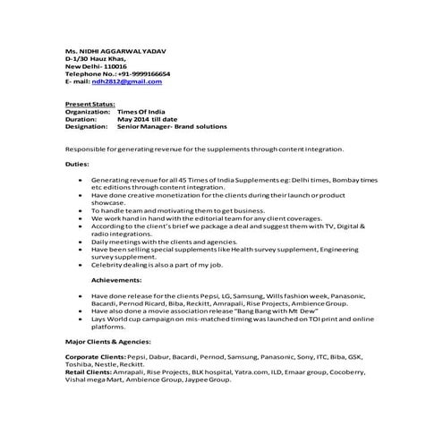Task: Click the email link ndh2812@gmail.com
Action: pyautogui.click(x=132, y=81)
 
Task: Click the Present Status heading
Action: pyautogui.click(x=89, y=105)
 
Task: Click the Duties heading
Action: pyautogui.click(x=77, y=165)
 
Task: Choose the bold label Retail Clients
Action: pyautogui.click(x=88, y=371)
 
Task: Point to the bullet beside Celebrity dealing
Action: pyautogui.click(x=83, y=264)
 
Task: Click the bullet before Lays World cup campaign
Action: pyautogui.click(x=83, y=319)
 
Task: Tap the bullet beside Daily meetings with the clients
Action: pyautogui.click(x=83, y=242)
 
